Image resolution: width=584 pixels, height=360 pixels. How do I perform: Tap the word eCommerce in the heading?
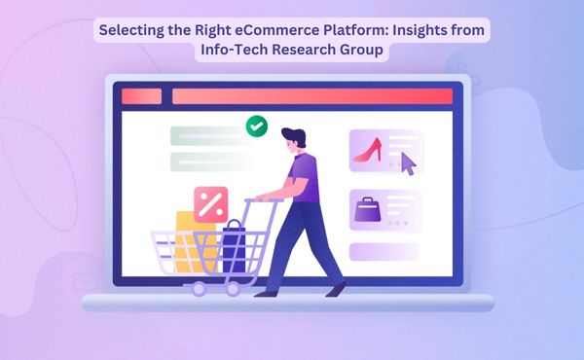click(291, 30)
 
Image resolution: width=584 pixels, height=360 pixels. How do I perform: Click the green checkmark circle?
click(257, 126)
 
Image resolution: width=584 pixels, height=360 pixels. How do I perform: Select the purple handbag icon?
click(368, 209)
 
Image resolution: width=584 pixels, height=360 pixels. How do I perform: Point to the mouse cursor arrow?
click(409, 163)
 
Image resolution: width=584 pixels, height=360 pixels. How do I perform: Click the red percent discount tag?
click(210, 203)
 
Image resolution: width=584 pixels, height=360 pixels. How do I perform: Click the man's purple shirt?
click(306, 179)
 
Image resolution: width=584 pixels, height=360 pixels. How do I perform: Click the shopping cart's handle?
click(263, 202)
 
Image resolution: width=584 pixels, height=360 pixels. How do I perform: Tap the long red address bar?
click(311, 96)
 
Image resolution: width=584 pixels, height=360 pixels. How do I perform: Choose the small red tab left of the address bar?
click(142, 96)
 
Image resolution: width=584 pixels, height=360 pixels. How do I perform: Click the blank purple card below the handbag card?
click(383, 252)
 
